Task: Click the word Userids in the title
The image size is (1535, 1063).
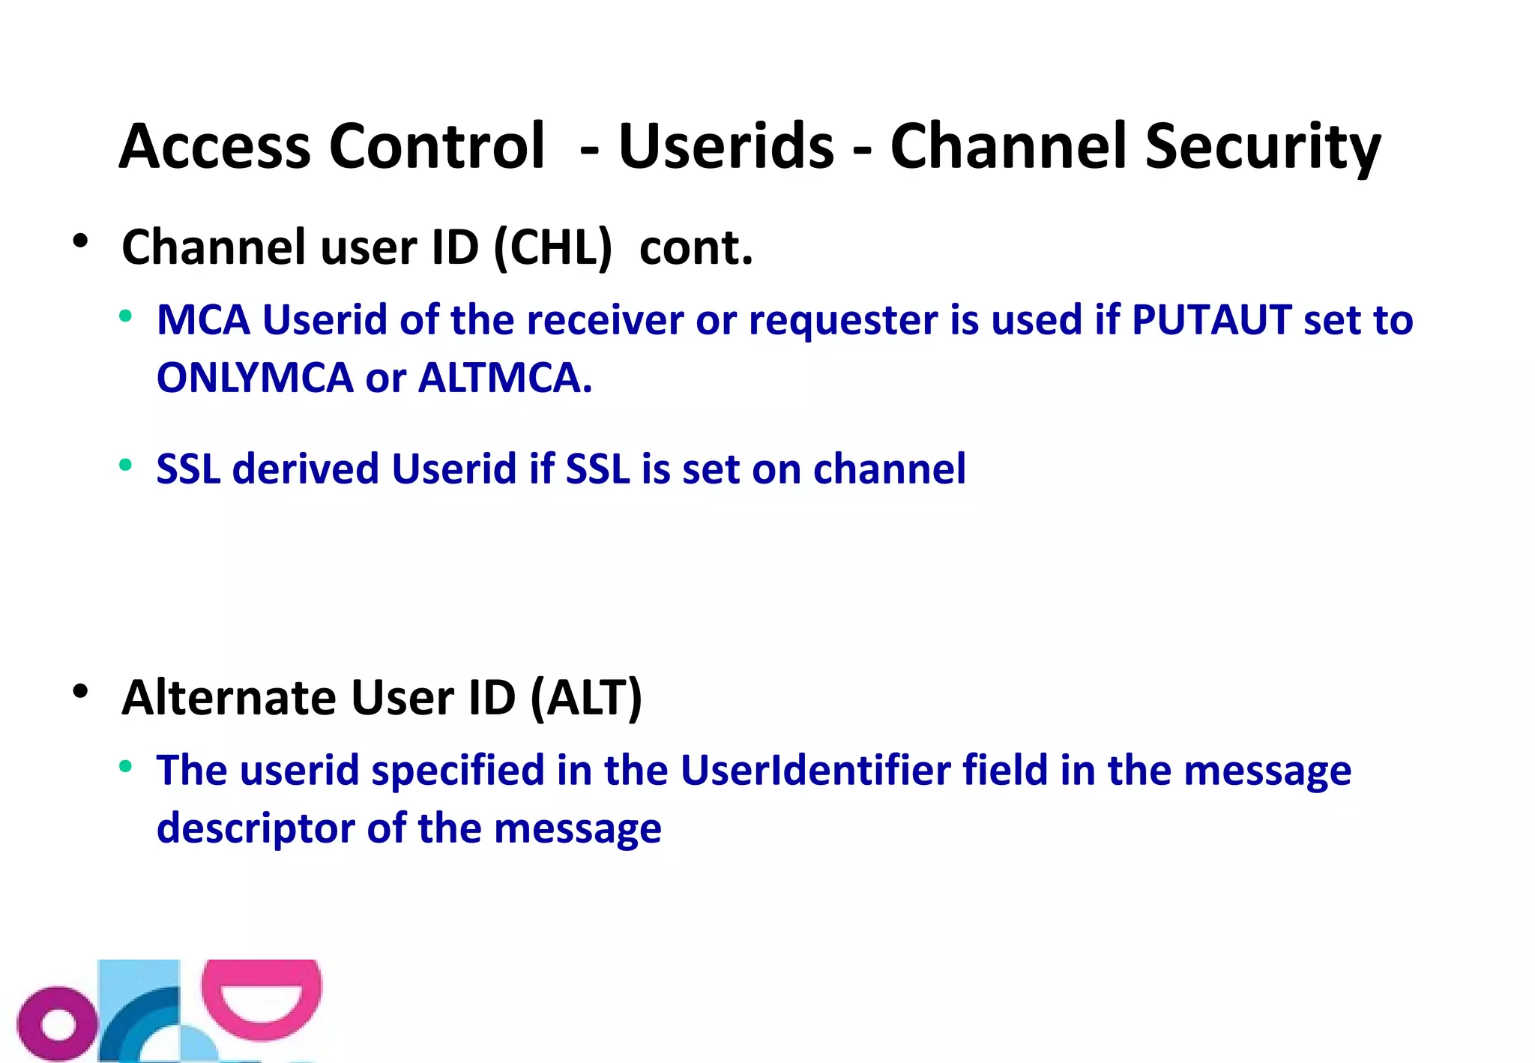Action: coord(726,147)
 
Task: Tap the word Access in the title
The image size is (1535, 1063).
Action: coord(214,147)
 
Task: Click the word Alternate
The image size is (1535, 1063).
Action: coord(229,698)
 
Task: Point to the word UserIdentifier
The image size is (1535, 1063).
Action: coord(815,771)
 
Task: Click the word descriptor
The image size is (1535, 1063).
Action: coord(255,829)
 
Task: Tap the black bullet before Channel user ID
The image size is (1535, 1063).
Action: coord(81,241)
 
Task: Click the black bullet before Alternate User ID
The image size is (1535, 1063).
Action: coord(81,691)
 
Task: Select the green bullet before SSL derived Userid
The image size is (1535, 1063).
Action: coord(125,465)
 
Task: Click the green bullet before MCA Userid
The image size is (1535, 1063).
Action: coord(125,316)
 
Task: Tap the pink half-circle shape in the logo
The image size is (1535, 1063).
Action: coord(262,999)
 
